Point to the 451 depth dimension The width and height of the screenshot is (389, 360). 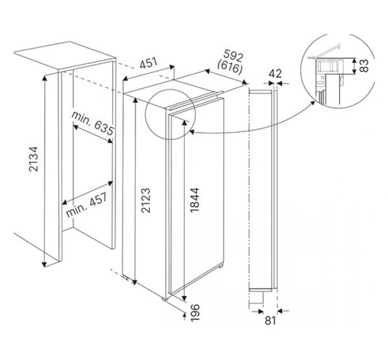(x=148, y=63)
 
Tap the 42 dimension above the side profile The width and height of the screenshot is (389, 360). (x=275, y=73)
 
